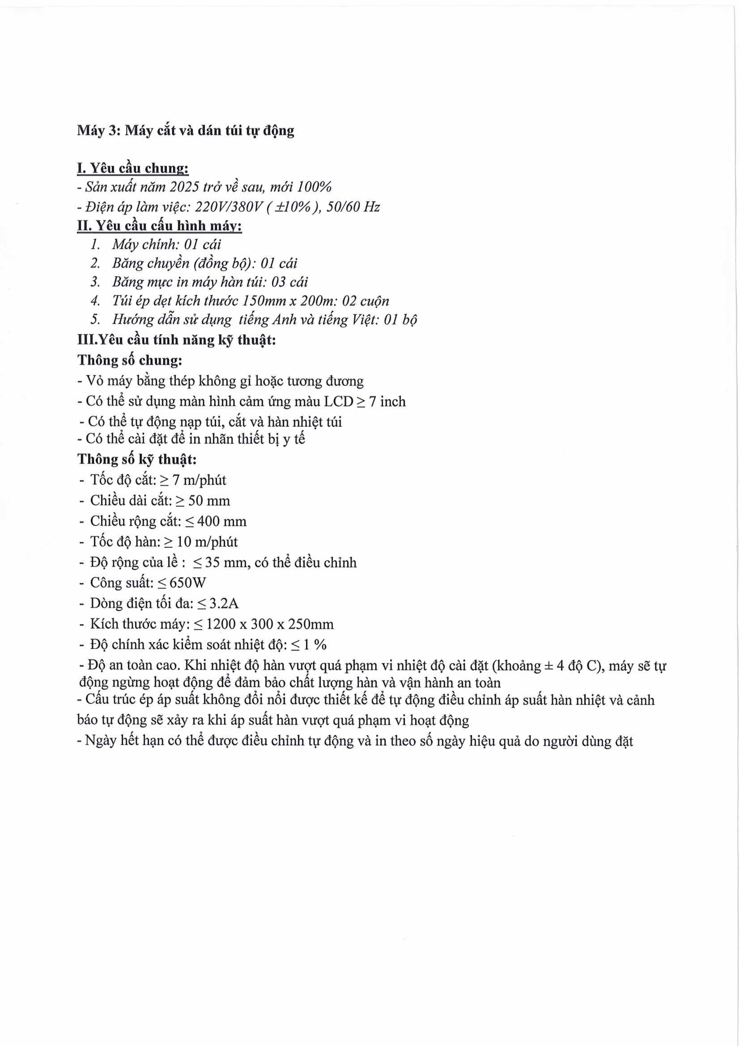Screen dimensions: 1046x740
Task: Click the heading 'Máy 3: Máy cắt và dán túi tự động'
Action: pyautogui.click(x=185, y=131)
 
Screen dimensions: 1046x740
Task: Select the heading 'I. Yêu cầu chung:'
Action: pyautogui.click(x=133, y=168)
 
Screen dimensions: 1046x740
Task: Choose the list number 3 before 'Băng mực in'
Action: pyautogui.click(x=95, y=282)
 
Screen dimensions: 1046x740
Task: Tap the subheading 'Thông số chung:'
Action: pyautogui.click(x=130, y=360)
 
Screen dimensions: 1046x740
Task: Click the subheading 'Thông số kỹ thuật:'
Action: pyautogui.click(x=137, y=459)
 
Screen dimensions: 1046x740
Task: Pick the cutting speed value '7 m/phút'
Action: pyautogui.click(x=199, y=480)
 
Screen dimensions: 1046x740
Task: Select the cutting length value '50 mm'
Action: pyautogui.click(x=209, y=501)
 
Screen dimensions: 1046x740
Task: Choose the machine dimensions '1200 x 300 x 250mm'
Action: pyautogui.click(x=270, y=624)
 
